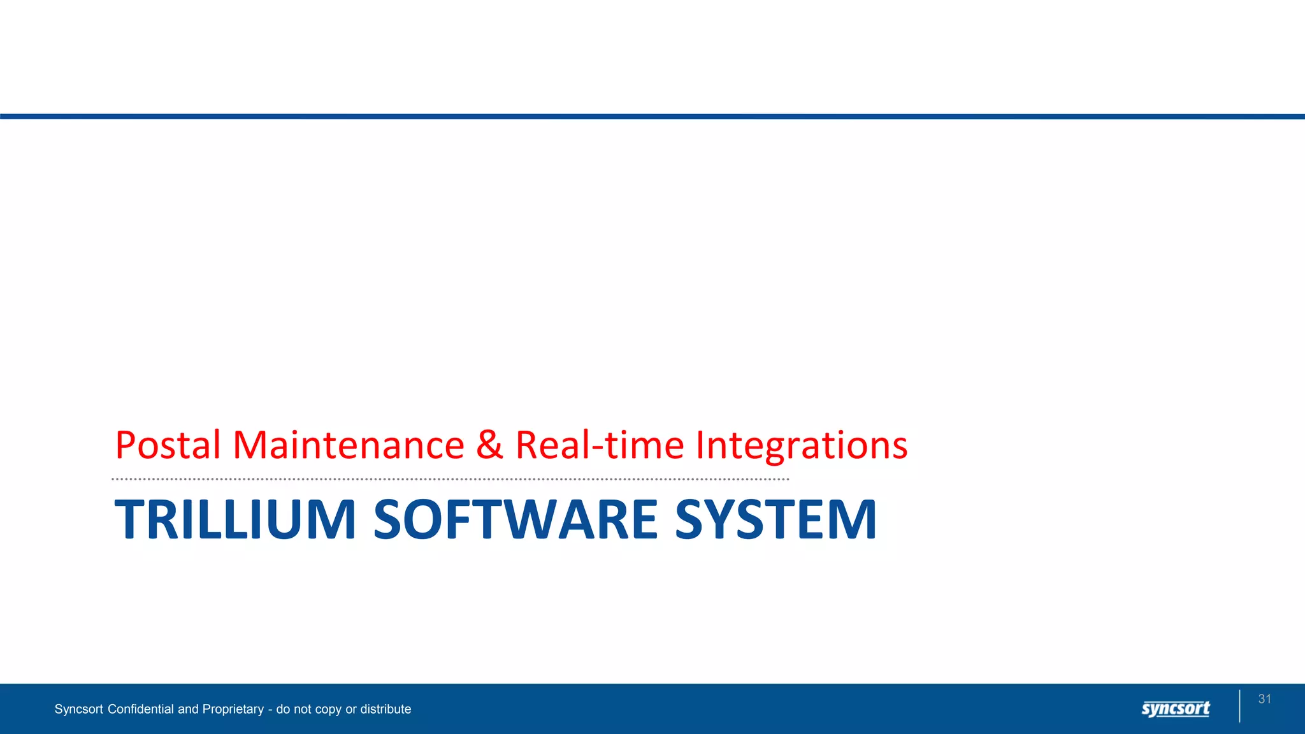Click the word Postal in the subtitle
[x=168, y=445]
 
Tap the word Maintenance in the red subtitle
[x=349, y=445]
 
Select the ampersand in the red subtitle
[x=489, y=445]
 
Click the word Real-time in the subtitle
[x=599, y=445]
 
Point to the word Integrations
[x=802, y=446]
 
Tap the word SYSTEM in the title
[x=775, y=519]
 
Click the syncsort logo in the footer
[x=1176, y=709]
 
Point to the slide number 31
[x=1265, y=699]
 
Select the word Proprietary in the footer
[x=233, y=710]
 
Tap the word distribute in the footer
[x=386, y=709]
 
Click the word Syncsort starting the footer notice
[x=79, y=709]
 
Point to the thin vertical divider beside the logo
[x=1240, y=706]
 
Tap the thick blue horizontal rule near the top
[x=652, y=117]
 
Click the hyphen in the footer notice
[x=270, y=710]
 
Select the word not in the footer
[x=303, y=709]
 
